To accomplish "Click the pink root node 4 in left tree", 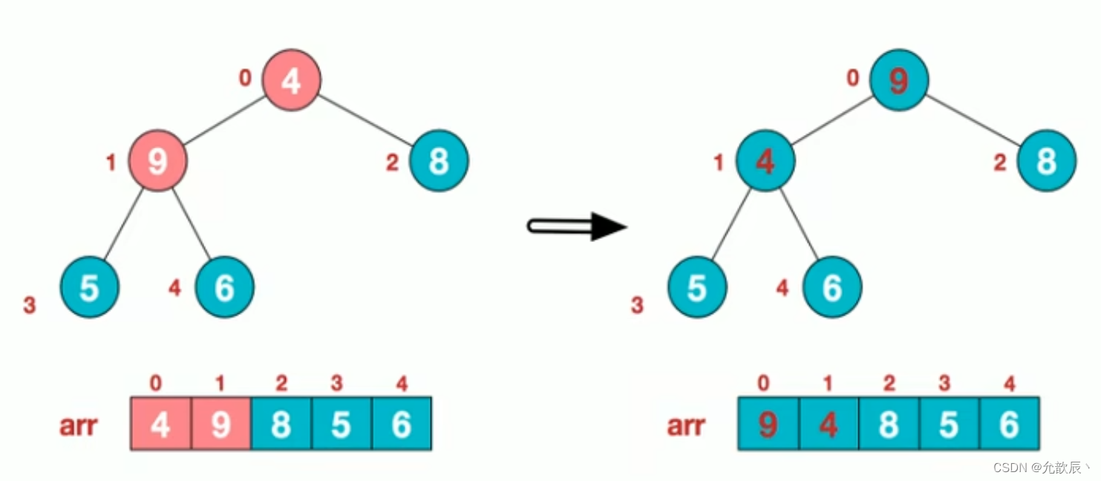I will click(291, 80).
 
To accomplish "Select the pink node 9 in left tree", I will click(157, 161).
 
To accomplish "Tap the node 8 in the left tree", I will click(438, 160).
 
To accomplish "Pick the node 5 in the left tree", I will click(89, 287).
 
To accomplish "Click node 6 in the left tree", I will click(224, 287).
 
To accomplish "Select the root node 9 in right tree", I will click(898, 80).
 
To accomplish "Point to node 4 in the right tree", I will click(765, 161).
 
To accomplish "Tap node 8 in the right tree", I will click(1046, 160).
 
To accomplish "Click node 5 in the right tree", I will click(696, 287).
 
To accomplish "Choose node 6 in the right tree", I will click(832, 287).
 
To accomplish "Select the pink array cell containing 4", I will click(160, 424).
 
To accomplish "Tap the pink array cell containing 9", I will click(220, 424).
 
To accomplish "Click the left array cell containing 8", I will click(281, 424).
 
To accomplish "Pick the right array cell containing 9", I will click(768, 424).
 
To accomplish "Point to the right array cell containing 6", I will click(1009, 424).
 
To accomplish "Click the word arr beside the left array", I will click(79, 425).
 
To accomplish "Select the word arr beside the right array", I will click(686, 425).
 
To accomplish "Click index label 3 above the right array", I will click(944, 385).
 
